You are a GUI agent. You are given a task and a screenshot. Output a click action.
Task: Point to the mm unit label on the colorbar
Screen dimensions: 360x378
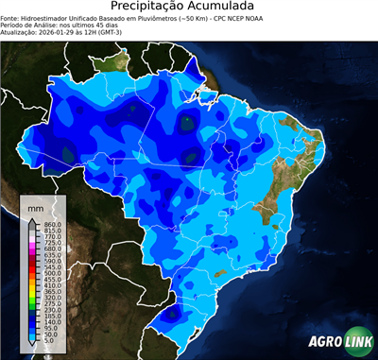point(35,205)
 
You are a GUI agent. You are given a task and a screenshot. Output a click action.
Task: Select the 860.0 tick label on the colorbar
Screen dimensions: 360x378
point(51,223)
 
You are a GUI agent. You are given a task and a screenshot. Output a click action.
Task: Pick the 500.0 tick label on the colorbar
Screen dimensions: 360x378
point(51,273)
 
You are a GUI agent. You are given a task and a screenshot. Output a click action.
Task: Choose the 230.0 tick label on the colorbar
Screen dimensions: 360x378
point(51,309)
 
